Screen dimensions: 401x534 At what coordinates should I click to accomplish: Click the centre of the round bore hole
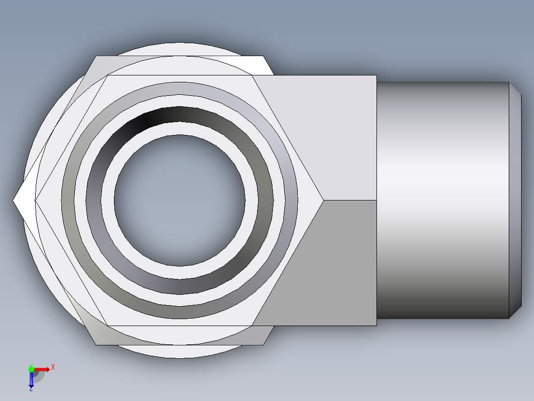[x=179, y=200]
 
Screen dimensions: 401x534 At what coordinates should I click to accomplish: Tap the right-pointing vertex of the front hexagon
[x=323, y=200]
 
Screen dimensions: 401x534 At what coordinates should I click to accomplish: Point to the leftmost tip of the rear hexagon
[x=13, y=200]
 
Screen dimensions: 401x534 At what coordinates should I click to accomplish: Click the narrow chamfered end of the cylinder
[x=515, y=200]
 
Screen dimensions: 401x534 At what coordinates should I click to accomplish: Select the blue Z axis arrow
[x=31, y=380]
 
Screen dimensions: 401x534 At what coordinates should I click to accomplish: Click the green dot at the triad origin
[x=31, y=369]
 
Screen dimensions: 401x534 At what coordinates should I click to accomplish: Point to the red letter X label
[x=53, y=367]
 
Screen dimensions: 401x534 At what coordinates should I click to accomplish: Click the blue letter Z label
[x=31, y=390]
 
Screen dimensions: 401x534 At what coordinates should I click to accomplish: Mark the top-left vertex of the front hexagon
[x=107, y=75]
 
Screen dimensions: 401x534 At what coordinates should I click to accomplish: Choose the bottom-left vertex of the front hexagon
[x=107, y=326]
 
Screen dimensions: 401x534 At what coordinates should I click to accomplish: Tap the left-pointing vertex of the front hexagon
[x=35, y=200]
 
